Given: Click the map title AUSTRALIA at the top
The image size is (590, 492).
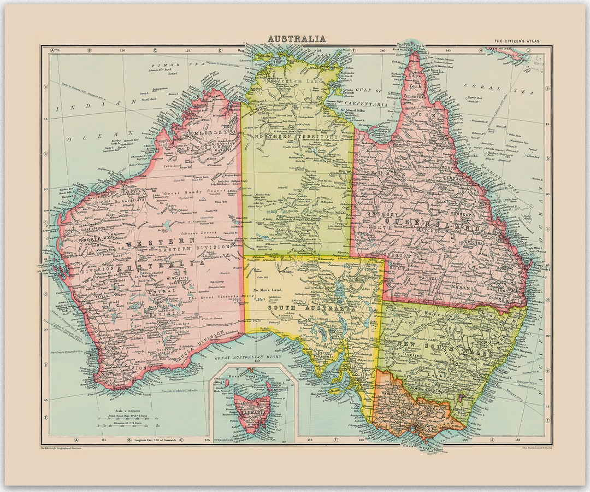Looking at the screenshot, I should [x=297, y=39].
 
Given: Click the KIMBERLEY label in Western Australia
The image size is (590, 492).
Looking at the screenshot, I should [x=206, y=133].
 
